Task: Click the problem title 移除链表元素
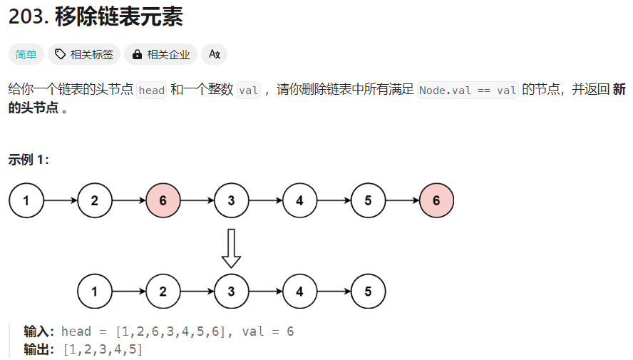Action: click(118, 17)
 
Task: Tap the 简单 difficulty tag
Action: click(26, 54)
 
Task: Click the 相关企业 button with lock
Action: click(160, 54)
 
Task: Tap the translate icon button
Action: click(214, 54)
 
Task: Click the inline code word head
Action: click(151, 91)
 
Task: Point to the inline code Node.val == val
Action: click(468, 91)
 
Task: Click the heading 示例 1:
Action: click(29, 160)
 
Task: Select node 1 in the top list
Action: click(26, 200)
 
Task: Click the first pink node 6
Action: click(163, 200)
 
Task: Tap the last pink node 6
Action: click(436, 200)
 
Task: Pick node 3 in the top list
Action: click(232, 200)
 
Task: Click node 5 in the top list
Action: click(368, 200)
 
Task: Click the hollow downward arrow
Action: click(231, 247)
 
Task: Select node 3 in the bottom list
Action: click(232, 292)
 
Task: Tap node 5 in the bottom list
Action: click(368, 292)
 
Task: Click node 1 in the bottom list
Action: click(95, 292)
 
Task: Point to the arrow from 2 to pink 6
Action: click(129, 200)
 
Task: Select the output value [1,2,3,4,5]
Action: click(103, 349)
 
